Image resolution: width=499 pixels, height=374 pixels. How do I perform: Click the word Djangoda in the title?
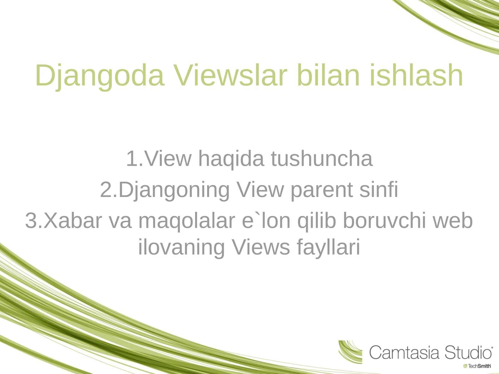(99, 75)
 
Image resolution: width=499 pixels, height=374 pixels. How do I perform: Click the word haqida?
(231, 159)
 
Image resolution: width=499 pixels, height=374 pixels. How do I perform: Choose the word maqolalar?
(187, 221)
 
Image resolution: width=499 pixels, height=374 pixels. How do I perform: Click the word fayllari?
(328, 247)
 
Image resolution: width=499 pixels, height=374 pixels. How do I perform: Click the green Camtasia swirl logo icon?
(350, 352)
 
